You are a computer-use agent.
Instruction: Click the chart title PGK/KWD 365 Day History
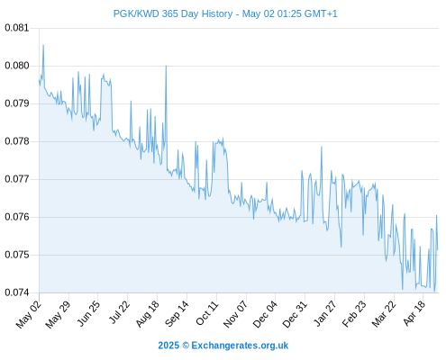click(173, 13)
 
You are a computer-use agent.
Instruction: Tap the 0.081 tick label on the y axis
click(17, 28)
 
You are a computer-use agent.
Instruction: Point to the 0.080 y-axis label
click(17, 66)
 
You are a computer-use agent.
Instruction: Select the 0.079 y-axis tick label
click(17, 103)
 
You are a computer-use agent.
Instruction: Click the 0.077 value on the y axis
click(17, 179)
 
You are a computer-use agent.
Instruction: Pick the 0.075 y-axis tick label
click(17, 255)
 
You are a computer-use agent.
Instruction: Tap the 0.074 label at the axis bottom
click(17, 292)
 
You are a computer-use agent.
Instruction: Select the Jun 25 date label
click(88, 313)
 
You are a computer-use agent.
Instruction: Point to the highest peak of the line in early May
click(43, 45)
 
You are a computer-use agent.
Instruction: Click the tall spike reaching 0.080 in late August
click(166, 66)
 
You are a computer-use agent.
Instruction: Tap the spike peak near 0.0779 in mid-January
click(322, 147)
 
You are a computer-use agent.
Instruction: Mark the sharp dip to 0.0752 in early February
click(341, 247)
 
